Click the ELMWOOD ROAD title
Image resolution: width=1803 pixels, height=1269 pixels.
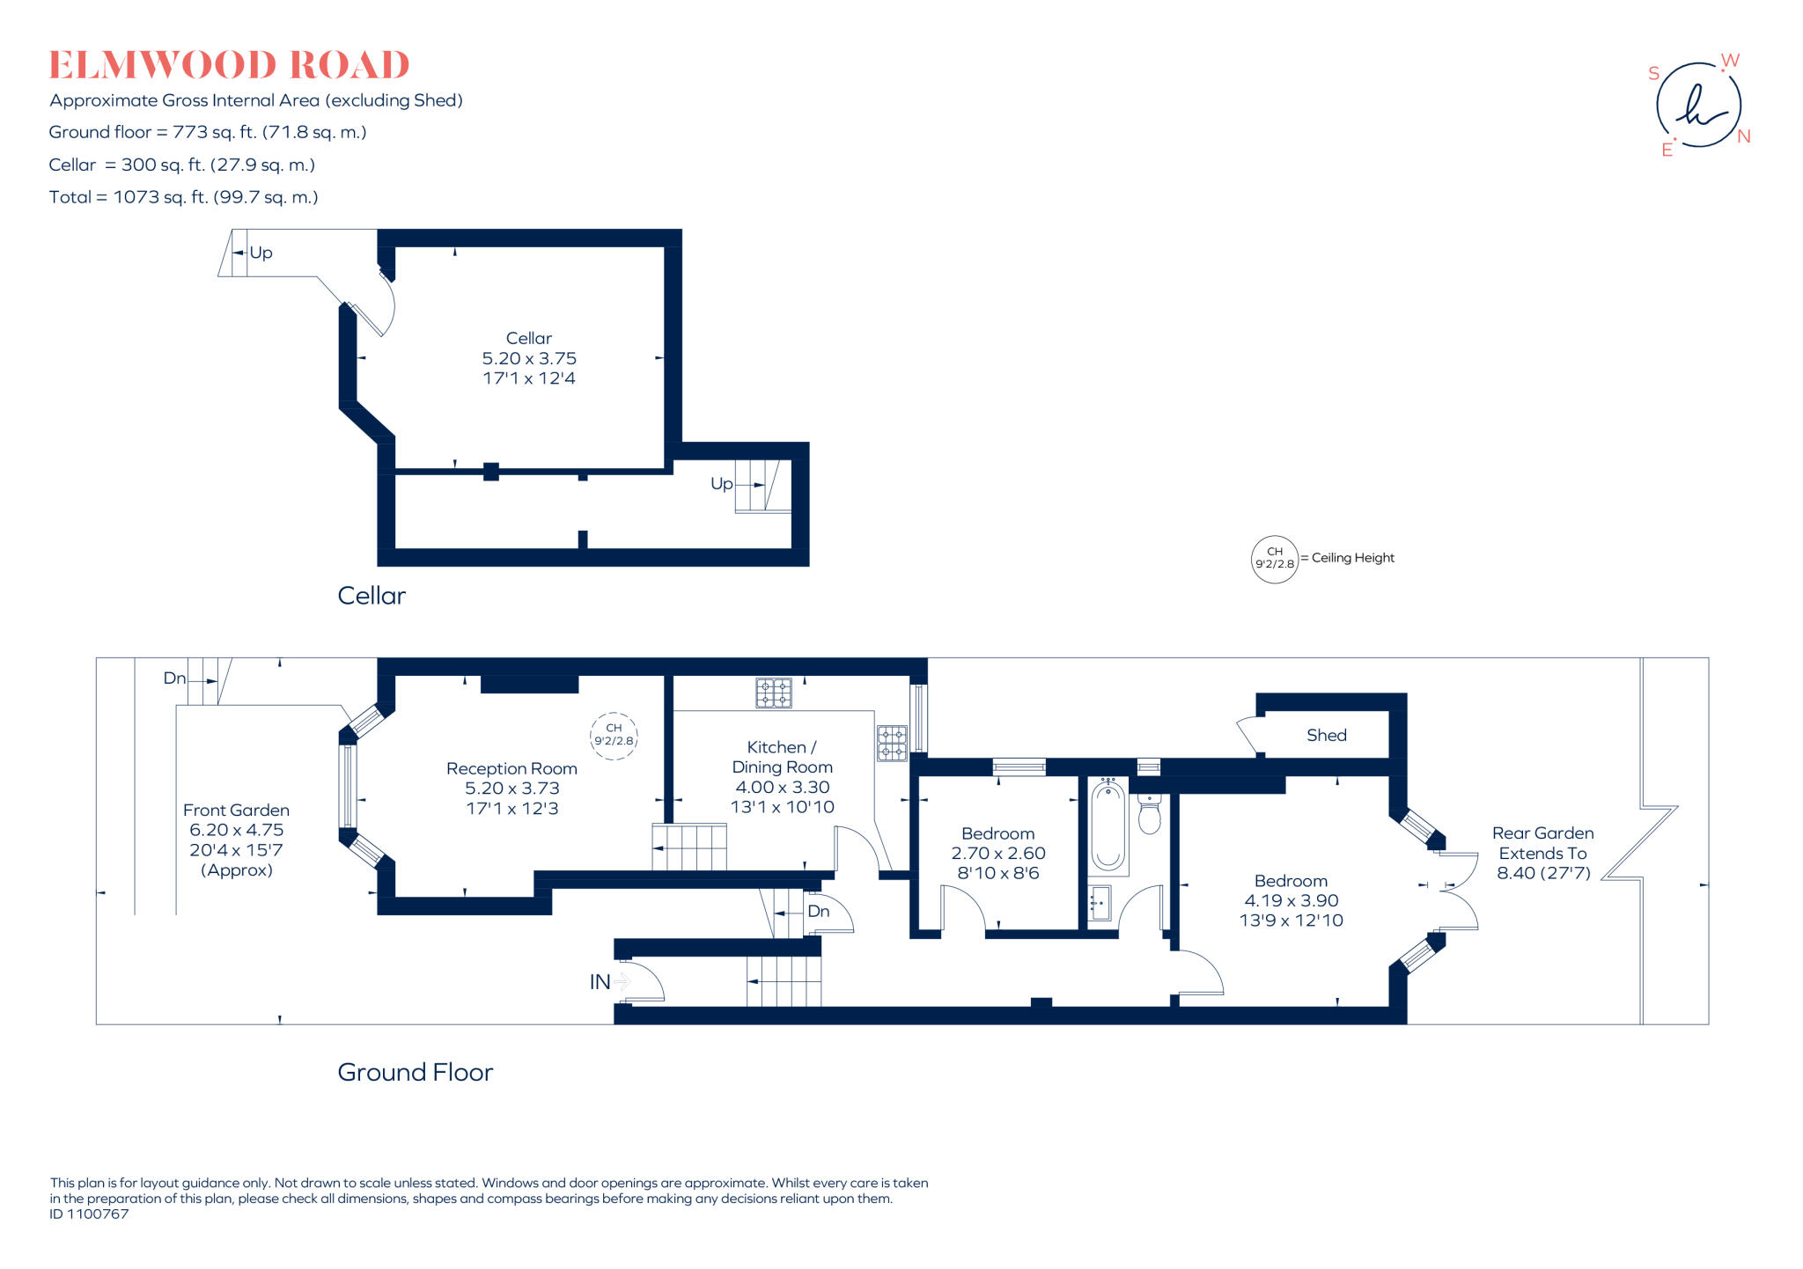tap(229, 65)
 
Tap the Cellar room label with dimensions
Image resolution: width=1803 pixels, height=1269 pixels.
tap(529, 358)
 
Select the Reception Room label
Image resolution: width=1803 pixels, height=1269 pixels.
tap(511, 788)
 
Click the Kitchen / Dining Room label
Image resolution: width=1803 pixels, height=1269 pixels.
tap(782, 776)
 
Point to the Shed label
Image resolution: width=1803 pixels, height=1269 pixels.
tap(1326, 735)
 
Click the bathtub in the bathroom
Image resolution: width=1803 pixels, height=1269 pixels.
tap(1108, 825)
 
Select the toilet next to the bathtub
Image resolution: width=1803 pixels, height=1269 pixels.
tap(1150, 814)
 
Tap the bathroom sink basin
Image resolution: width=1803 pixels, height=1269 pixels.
tap(1099, 903)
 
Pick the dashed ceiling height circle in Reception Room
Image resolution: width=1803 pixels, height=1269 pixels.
tap(614, 735)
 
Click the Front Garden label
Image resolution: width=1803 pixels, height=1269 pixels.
tap(236, 840)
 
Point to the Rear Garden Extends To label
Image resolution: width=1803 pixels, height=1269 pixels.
tap(1542, 852)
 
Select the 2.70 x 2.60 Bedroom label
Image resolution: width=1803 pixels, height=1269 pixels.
tap(997, 853)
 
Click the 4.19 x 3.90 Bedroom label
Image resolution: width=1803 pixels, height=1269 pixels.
tap(1291, 900)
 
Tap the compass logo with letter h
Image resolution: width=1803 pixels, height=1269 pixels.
tap(1698, 105)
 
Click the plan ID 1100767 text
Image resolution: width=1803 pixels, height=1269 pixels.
tap(90, 1214)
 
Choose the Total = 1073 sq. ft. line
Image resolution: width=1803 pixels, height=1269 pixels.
tap(183, 197)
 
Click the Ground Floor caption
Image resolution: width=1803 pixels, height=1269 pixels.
tap(415, 1072)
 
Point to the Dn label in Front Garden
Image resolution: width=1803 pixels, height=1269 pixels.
tap(175, 678)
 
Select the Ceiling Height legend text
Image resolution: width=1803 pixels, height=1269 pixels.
tap(1352, 558)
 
